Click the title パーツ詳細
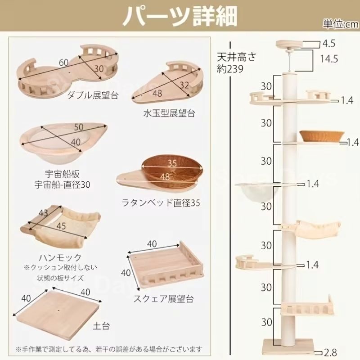pos(180,16)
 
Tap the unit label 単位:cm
pos(340,24)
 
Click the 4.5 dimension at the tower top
pos(329,44)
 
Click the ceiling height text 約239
pos(229,69)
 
